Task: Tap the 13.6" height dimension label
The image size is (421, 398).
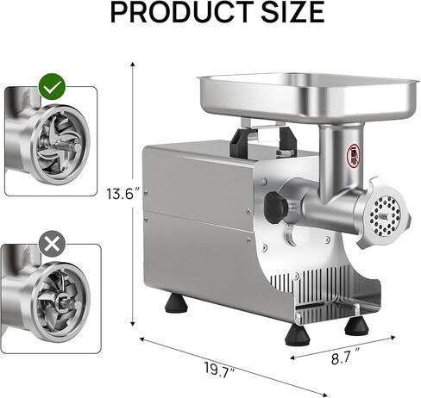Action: (123, 194)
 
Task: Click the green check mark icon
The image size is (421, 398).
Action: (53, 86)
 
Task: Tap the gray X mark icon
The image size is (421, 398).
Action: (52, 244)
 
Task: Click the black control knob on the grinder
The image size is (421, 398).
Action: (275, 208)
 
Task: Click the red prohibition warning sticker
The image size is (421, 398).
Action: (353, 156)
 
